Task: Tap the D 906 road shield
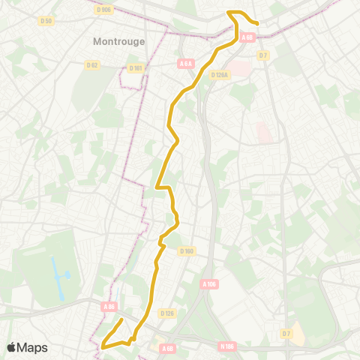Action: pos(103,10)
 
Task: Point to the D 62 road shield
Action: pos(92,65)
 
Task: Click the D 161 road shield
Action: pos(136,68)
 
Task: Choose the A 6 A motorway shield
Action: pos(187,64)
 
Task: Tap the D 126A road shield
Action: pos(220,75)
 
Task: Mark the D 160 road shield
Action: pos(187,251)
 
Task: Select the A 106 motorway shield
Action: pos(210,284)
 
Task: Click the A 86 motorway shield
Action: pos(109,306)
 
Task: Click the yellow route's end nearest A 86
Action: pos(121,320)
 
